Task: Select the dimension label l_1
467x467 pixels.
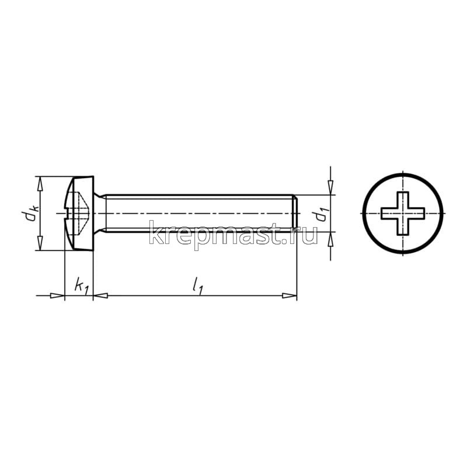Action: pyautogui.click(x=198, y=286)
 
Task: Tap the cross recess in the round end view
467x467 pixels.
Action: pyautogui.click(x=403, y=213)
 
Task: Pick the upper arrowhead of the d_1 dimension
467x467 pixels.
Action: pyautogui.click(x=330, y=187)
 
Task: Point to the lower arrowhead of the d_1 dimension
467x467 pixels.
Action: pyautogui.click(x=330, y=239)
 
